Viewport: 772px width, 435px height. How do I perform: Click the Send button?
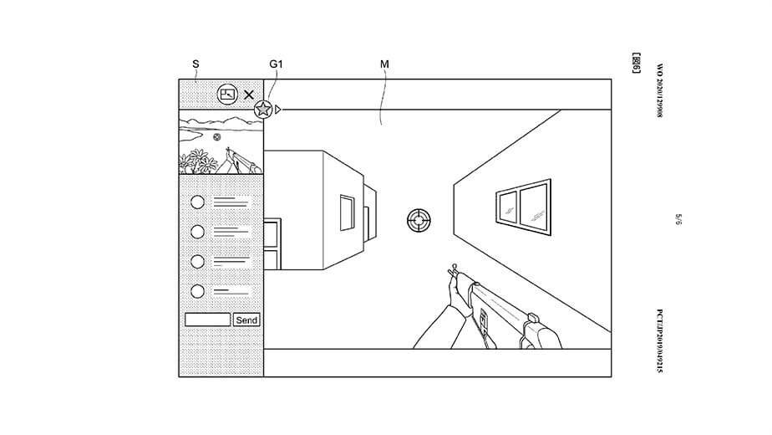(246, 320)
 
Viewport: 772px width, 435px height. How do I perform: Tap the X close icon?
(248, 95)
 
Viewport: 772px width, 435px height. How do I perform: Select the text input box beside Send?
(207, 320)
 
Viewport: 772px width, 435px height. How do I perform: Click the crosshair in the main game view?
(419, 221)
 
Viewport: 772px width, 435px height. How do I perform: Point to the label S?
(196, 64)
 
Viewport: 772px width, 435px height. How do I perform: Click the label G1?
(276, 64)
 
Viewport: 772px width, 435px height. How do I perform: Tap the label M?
(384, 64)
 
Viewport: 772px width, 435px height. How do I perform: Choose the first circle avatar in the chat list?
(198, 202)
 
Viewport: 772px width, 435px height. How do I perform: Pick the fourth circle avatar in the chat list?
(198, 291)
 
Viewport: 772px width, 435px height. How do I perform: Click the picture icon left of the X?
(226, 94)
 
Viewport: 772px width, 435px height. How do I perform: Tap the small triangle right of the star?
(278, 109)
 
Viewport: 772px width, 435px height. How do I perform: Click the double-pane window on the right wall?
(524, 205)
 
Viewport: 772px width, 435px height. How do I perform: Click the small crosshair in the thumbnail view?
(217, 136)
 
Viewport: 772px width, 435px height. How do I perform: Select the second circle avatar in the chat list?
(198, 232)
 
